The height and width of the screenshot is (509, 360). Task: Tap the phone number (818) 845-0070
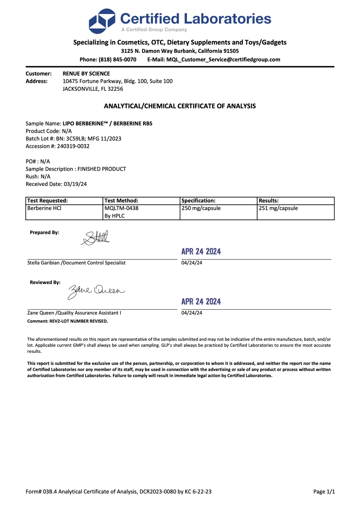click(x=117, y=59)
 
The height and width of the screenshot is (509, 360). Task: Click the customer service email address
click(x=223, y=59)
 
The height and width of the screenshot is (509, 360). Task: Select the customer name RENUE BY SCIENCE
click(x=86, y=73)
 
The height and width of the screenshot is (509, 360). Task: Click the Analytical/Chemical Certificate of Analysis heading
click(x=180, y=106)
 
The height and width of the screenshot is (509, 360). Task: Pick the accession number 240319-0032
click(x=73, y=146)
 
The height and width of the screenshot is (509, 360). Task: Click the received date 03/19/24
click(x=75, y=184)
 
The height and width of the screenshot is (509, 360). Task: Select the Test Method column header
click(x=121, y=201)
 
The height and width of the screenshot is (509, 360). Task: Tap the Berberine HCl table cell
click(x=44, y=208)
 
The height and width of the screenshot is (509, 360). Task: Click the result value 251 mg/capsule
click(x=278, y=208)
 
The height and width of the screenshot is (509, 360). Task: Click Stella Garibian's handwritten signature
click(x=95, y=238)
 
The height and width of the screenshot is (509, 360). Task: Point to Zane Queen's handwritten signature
click(x=96, y=291)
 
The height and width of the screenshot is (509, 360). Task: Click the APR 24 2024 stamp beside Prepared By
click(x=201, y=251)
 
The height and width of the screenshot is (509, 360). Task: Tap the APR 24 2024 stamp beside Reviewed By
click(x=201, y=302)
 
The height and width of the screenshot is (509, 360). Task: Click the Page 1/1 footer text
click(x=324, y=491)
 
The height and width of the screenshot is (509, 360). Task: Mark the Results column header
click(x=269, y=201)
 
